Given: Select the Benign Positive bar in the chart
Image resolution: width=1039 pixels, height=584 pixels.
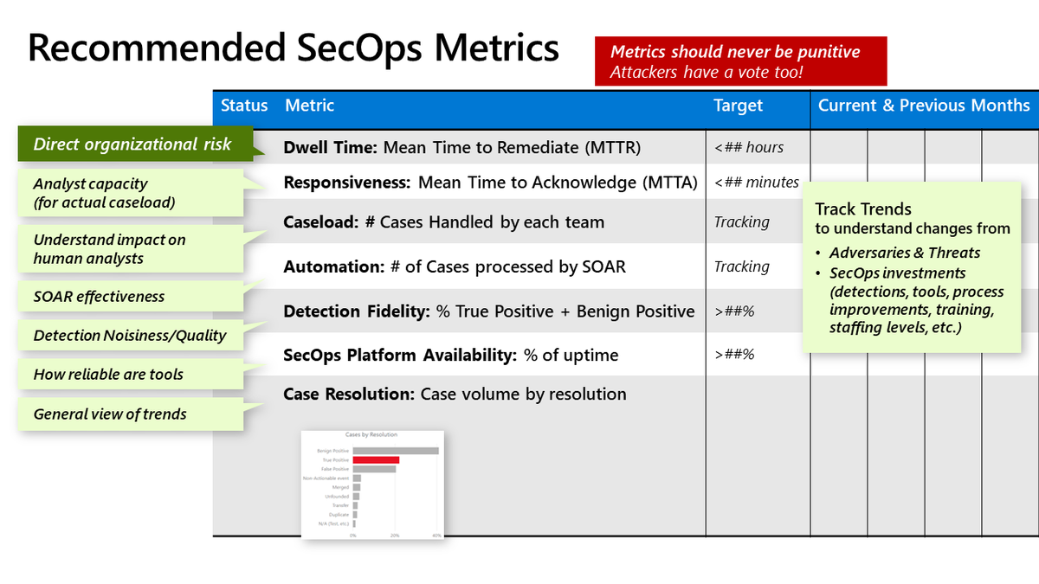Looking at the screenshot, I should [396, 451].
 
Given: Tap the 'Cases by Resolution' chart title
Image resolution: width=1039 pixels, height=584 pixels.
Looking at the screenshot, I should [371, 435].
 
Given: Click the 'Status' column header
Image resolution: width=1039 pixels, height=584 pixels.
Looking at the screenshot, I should [244, 106].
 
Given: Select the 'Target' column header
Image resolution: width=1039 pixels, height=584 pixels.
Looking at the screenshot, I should [738, 106].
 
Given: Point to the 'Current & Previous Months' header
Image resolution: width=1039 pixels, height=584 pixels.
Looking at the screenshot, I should [924, 106].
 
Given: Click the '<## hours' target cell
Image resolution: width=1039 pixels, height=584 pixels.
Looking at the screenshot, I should [749, 148].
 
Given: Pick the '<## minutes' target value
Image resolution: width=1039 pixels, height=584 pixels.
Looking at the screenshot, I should [756, 183].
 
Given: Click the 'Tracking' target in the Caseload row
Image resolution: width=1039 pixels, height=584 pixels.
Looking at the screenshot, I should [741, 222].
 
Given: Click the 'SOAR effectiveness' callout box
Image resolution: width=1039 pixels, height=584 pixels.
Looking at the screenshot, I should [99, 297].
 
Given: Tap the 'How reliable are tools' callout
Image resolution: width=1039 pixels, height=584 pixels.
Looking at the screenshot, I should [108, 375].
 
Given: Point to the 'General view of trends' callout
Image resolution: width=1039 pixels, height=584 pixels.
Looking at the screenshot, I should [110, 414].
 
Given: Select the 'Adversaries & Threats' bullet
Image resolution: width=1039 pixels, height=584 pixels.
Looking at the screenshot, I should [904, 253].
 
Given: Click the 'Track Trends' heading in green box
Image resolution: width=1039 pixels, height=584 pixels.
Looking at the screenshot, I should [863, 209].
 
